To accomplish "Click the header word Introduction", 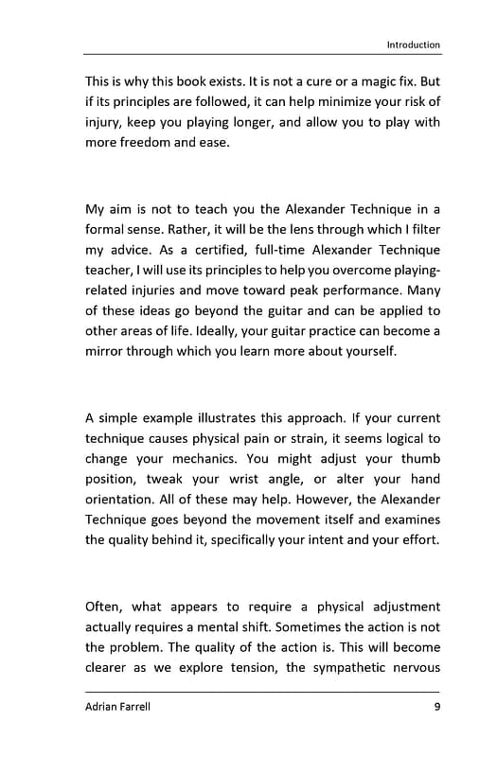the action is (414, 44).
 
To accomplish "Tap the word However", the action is (355, 500).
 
